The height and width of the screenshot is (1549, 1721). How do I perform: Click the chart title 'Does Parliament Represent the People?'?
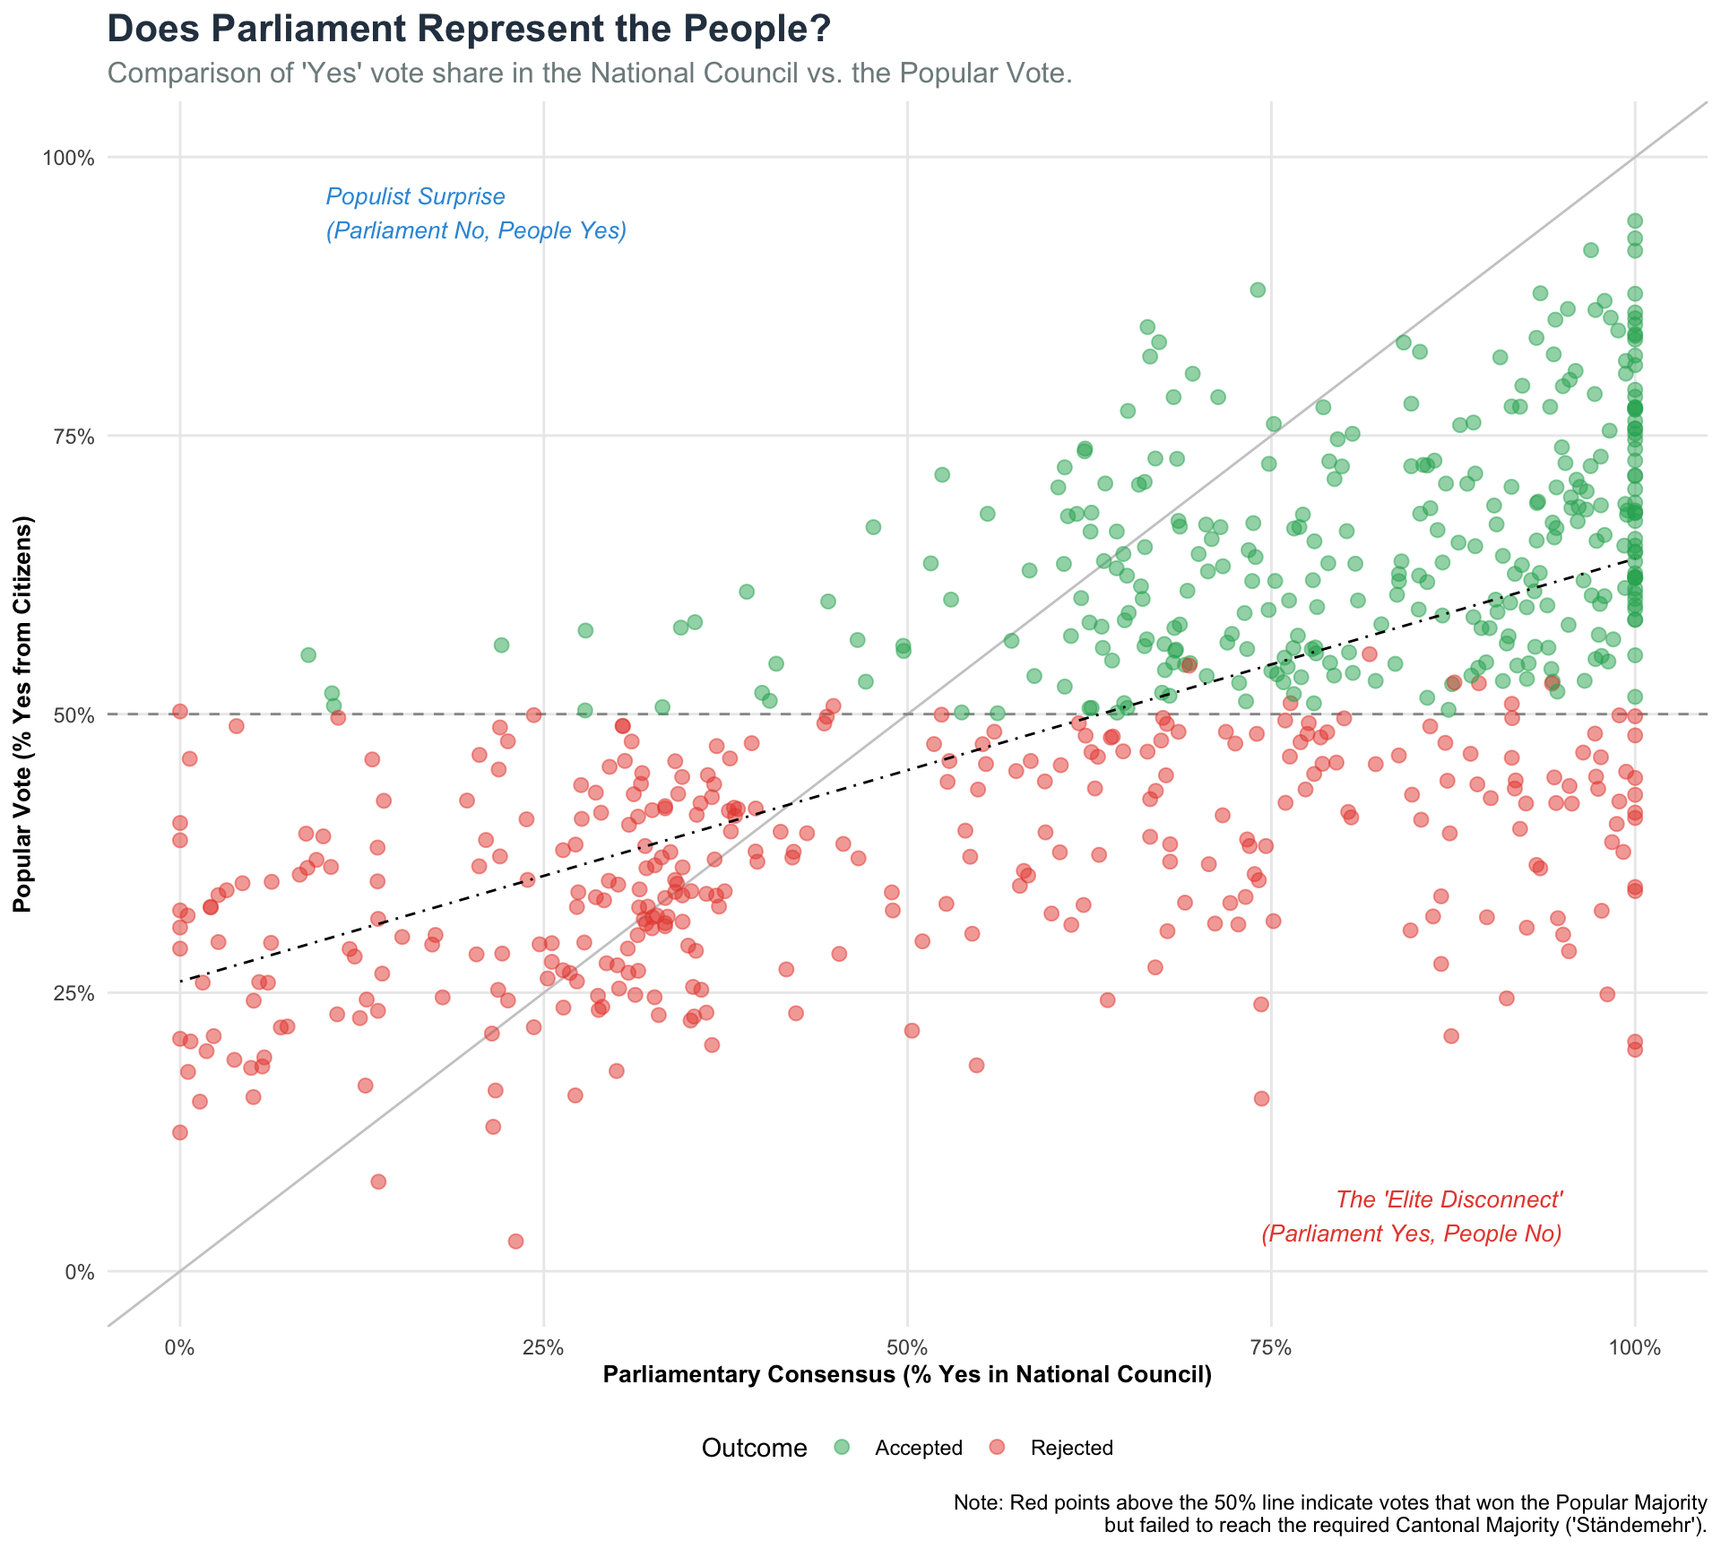click(469, 30)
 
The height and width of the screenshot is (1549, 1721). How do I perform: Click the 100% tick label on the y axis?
click(69, 159)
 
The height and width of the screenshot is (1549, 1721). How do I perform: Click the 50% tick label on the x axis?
click(907, 1347)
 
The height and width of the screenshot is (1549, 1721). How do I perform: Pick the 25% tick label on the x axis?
click(543, 1347)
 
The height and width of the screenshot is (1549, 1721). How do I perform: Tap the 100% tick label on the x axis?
click(1634, 1347)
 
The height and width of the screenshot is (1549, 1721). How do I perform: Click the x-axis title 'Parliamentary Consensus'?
click(907, 1375)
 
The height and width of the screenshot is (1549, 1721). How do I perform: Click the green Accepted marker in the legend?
click(841, 1447)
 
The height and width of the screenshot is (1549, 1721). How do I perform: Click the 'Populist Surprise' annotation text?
click(416, 196)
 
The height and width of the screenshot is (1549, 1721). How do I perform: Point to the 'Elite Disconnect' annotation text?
click(1449, 1199)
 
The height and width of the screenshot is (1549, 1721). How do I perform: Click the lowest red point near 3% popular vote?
click(515, 1241)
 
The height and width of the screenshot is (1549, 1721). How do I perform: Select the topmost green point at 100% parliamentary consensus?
click(1635, 221)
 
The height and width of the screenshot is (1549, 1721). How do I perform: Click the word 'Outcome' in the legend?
click(754, 1448)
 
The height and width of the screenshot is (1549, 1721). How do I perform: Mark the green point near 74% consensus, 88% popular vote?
click(1258, 290)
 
